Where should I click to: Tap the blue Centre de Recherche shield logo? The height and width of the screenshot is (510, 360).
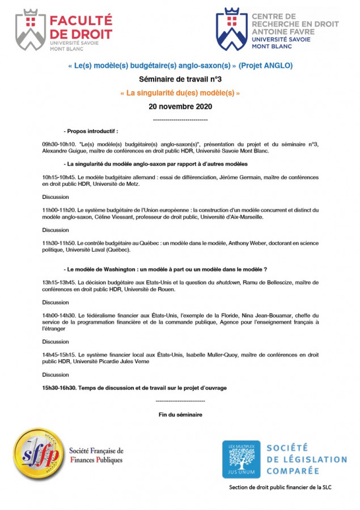pyautogui.click(x=231, y=29)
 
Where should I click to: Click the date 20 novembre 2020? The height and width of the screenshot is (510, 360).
pyautogui.click(x=180, y=106)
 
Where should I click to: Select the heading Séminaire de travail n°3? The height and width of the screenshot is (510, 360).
pyautogui.click(x=180, y=79)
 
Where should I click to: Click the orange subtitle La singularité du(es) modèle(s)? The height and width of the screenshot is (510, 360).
pyautogui.click(x=180, y=92)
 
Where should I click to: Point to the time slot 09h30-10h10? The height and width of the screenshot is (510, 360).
pyautogui.click(x=59, y=144)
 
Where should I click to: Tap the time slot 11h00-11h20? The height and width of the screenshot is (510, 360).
pyautogui.click(x=59, y=210)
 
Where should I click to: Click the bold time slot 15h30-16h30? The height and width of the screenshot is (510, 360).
pyautogui.click(x=59, y=388)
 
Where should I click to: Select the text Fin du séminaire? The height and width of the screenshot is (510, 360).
pyautogui.click(x=180, y=415)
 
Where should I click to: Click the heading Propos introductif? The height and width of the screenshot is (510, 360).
pyautogui.click(x=93, y=131)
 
